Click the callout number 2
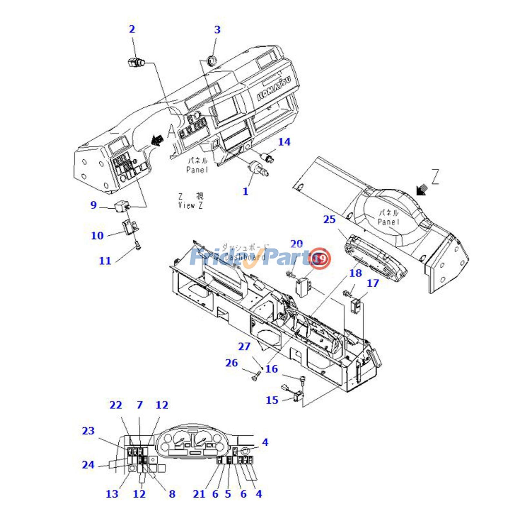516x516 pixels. [x=132, y=29]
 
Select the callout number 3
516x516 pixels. [x=217, y=30]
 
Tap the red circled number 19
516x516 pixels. [x=320, y=258]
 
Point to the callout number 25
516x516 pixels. [x=330, y=219]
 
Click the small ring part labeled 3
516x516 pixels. [x=212, y=60]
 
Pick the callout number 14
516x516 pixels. [x=284, y=142]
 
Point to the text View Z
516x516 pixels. [x=191, y=205]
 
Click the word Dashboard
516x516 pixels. [x=245, y=257]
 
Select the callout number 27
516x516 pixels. [x=244, y=346]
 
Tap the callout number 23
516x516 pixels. [x=88, y=431]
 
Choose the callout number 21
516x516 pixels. [x=199, y=494]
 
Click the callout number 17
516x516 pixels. [x=373, y=283]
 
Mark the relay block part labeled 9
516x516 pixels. [x=122, y=205]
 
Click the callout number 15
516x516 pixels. [x=272, y=400]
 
